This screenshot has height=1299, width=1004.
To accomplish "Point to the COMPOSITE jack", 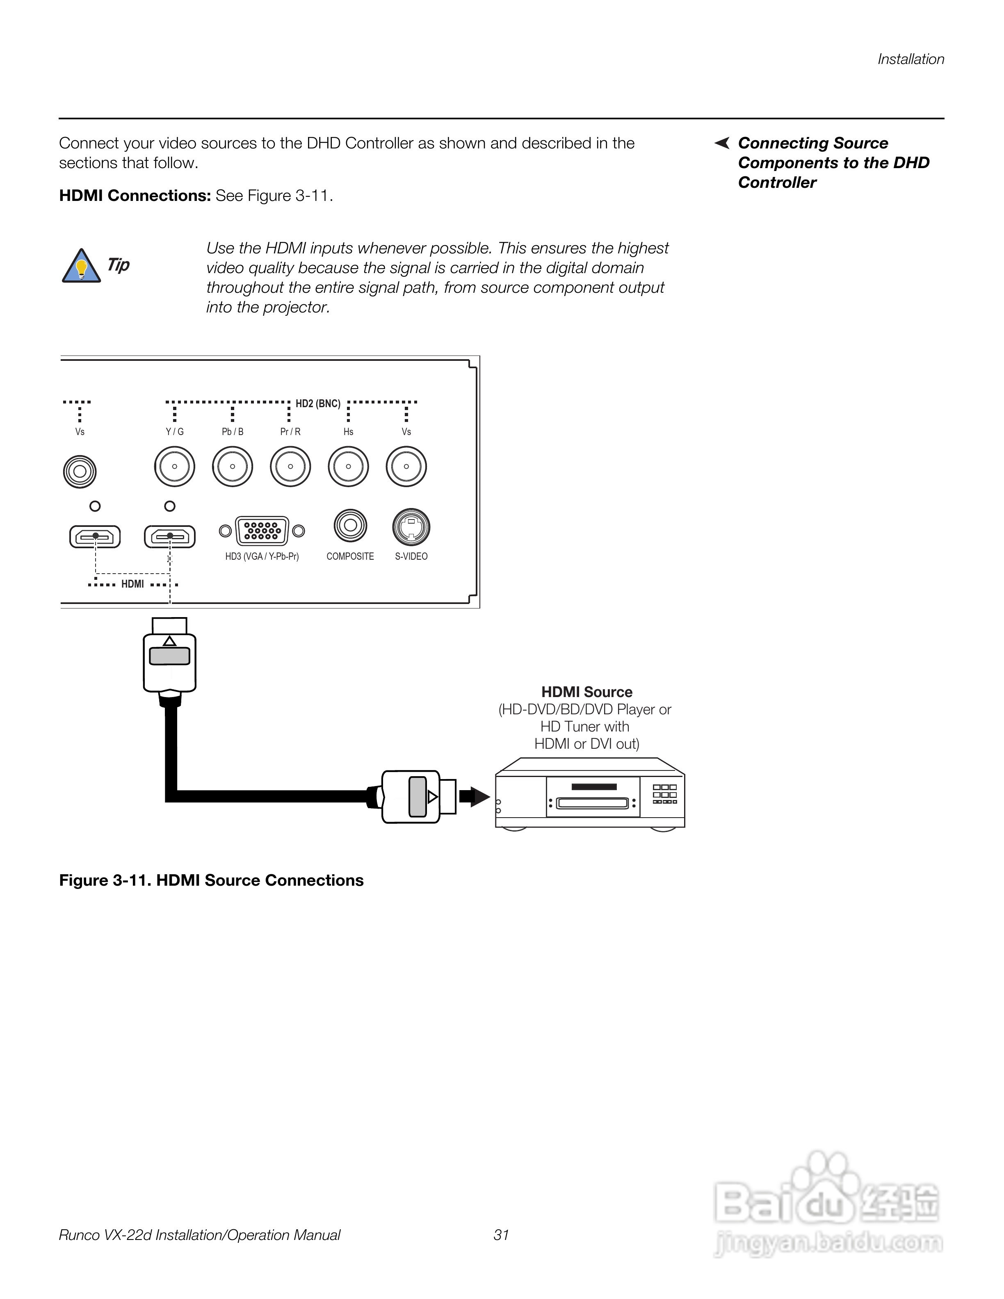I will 350,526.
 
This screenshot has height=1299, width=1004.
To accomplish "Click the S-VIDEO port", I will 411,527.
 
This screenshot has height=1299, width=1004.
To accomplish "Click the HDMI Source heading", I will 586,692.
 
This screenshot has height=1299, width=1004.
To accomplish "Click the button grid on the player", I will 664,794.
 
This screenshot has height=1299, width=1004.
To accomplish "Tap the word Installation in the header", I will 910,59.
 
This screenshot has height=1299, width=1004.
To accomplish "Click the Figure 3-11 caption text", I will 211,880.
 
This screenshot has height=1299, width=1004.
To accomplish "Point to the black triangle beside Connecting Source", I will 722,144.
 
